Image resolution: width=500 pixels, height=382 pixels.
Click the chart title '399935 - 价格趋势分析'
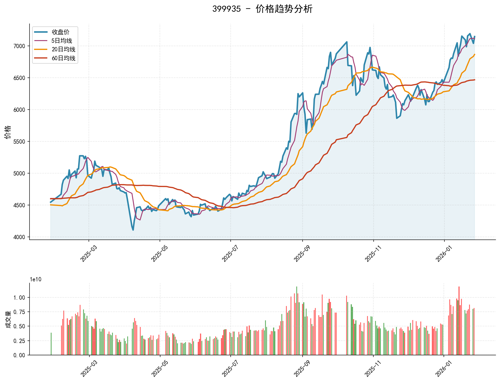coord(262,9)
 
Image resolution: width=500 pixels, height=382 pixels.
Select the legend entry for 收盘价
coord(60,32)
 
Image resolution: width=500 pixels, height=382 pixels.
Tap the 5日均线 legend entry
coord(62,41)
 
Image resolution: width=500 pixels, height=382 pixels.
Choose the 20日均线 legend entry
coord(63,50)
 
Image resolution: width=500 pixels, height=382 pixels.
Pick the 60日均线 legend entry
coord(63,58)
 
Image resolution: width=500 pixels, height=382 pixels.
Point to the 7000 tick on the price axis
coord(19,46)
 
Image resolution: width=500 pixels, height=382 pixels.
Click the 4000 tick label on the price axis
coord(19,237)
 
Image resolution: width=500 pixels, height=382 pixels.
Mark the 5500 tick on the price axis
coord(19,142)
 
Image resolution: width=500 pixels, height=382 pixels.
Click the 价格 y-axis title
coord(8,132)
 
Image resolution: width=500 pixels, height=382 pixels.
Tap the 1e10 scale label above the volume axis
coord(36,280)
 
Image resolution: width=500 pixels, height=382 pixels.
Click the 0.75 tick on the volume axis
coord(19,312)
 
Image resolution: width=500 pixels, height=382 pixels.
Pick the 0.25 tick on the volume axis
coord(19,341)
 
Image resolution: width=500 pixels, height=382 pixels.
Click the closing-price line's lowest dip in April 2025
coord(133,230)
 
